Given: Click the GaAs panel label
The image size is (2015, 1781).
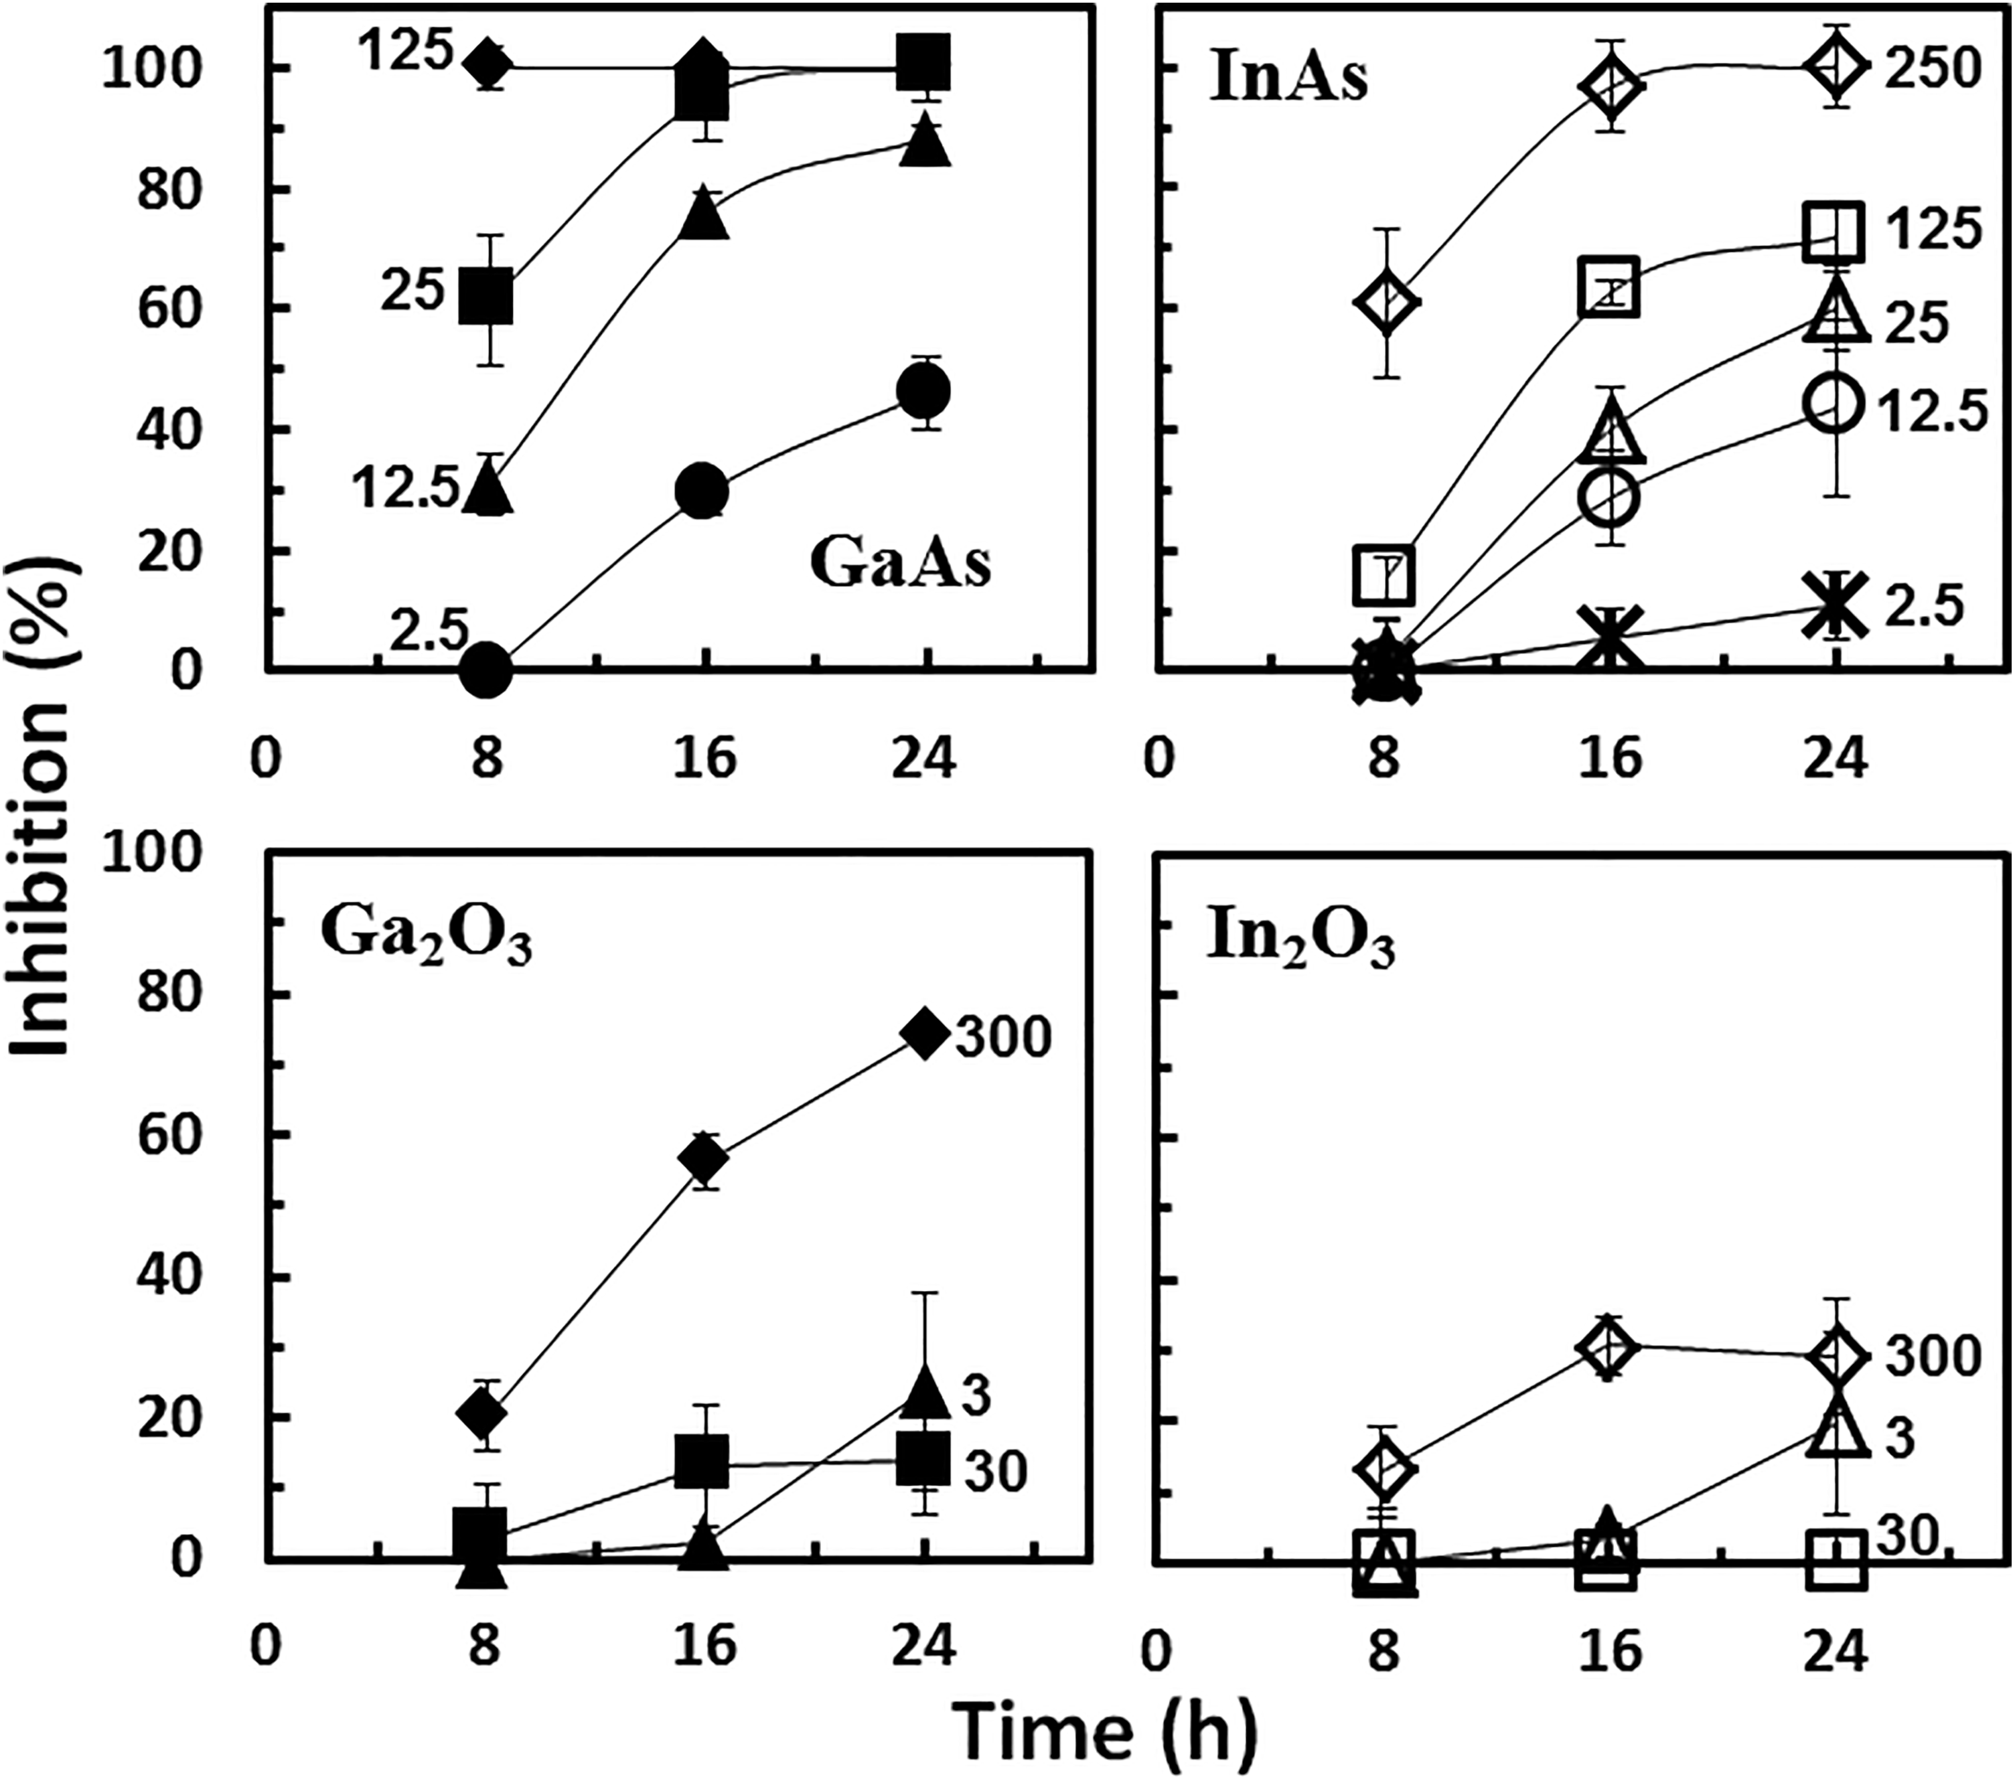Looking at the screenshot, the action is [899, 564].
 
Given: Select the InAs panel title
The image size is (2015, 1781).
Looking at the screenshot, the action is [1288, 78].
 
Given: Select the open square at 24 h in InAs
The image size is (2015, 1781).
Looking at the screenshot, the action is [1834, 232].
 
